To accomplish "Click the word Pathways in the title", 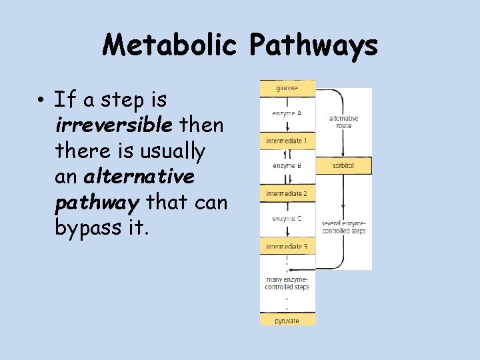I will (x=313, y=46).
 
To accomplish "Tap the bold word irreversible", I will (x=113, y=125).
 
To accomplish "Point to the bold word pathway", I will (x=99, y=202).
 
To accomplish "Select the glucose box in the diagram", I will (x=287, y=88).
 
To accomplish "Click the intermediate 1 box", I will (x=287, y=141).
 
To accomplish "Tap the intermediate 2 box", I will (x=287, y=193).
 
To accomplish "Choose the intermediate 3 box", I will (x=287, y=247).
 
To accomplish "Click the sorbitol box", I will (x=343, y=165).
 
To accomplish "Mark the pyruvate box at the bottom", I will (x=287, y=321).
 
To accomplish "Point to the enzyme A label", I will (x=287, y=113).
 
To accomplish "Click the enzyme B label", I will (x=287, y=165).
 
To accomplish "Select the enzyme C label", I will (x=287, y=218).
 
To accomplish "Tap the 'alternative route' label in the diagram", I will (x=344, y=122).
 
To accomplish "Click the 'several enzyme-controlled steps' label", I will (x=344, y=227).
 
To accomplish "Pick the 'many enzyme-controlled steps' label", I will (x=287, y=283).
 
